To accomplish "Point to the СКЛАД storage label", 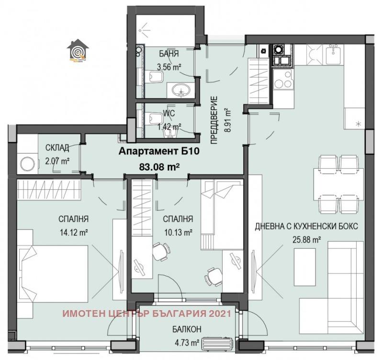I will (x=57, y=147).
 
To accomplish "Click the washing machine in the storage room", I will (x=26, y=163).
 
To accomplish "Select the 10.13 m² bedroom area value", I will (x=177, y=232).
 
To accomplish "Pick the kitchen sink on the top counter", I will (x=332, y=55).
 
